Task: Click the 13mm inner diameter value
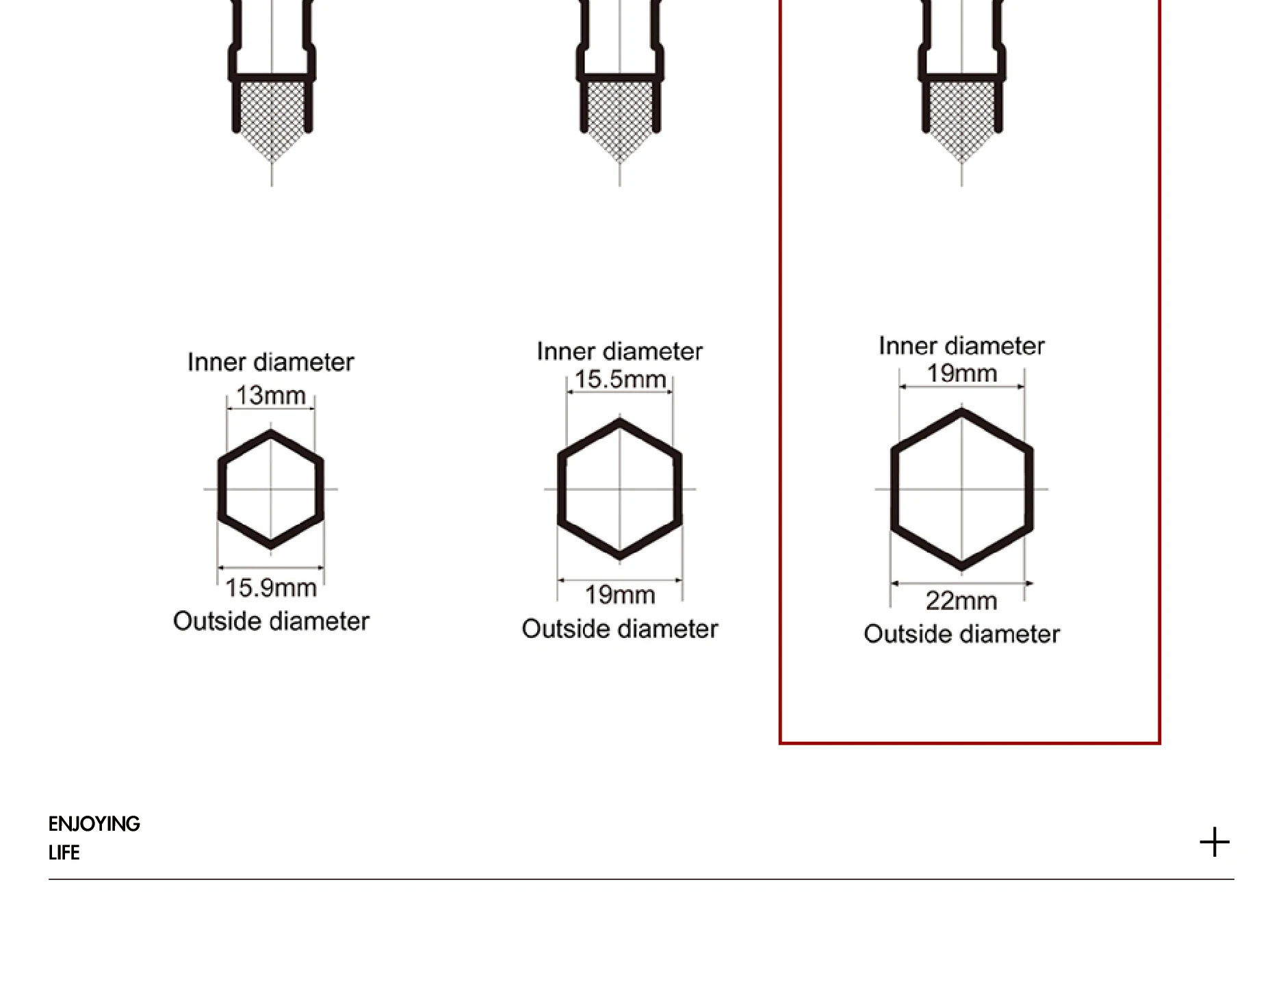270,395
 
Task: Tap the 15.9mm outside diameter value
271,587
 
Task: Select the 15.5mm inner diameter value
620,378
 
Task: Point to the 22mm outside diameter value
961,601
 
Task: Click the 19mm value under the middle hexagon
620,595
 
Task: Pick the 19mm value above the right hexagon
961,373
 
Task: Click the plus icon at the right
1215,842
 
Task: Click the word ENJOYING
94,824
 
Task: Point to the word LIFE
64,853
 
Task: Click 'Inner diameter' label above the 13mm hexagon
271,362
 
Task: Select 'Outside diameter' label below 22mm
961,634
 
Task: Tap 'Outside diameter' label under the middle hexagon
620,629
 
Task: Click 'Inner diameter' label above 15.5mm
620,351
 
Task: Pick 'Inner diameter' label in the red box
961,346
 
